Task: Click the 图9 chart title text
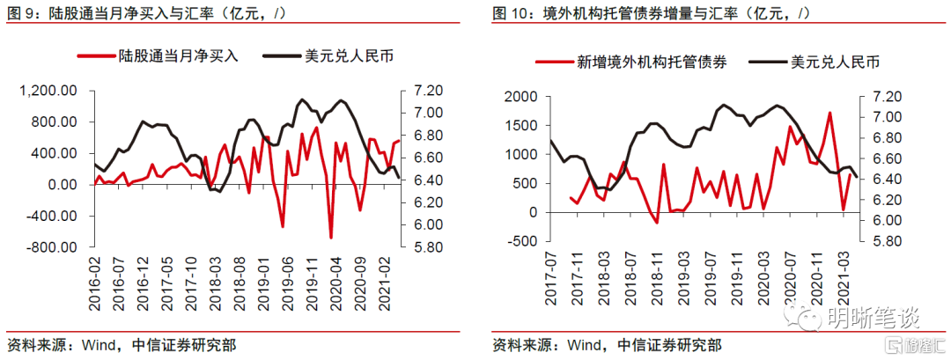145,13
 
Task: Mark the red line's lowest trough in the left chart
331,237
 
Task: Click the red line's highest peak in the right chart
829,113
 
